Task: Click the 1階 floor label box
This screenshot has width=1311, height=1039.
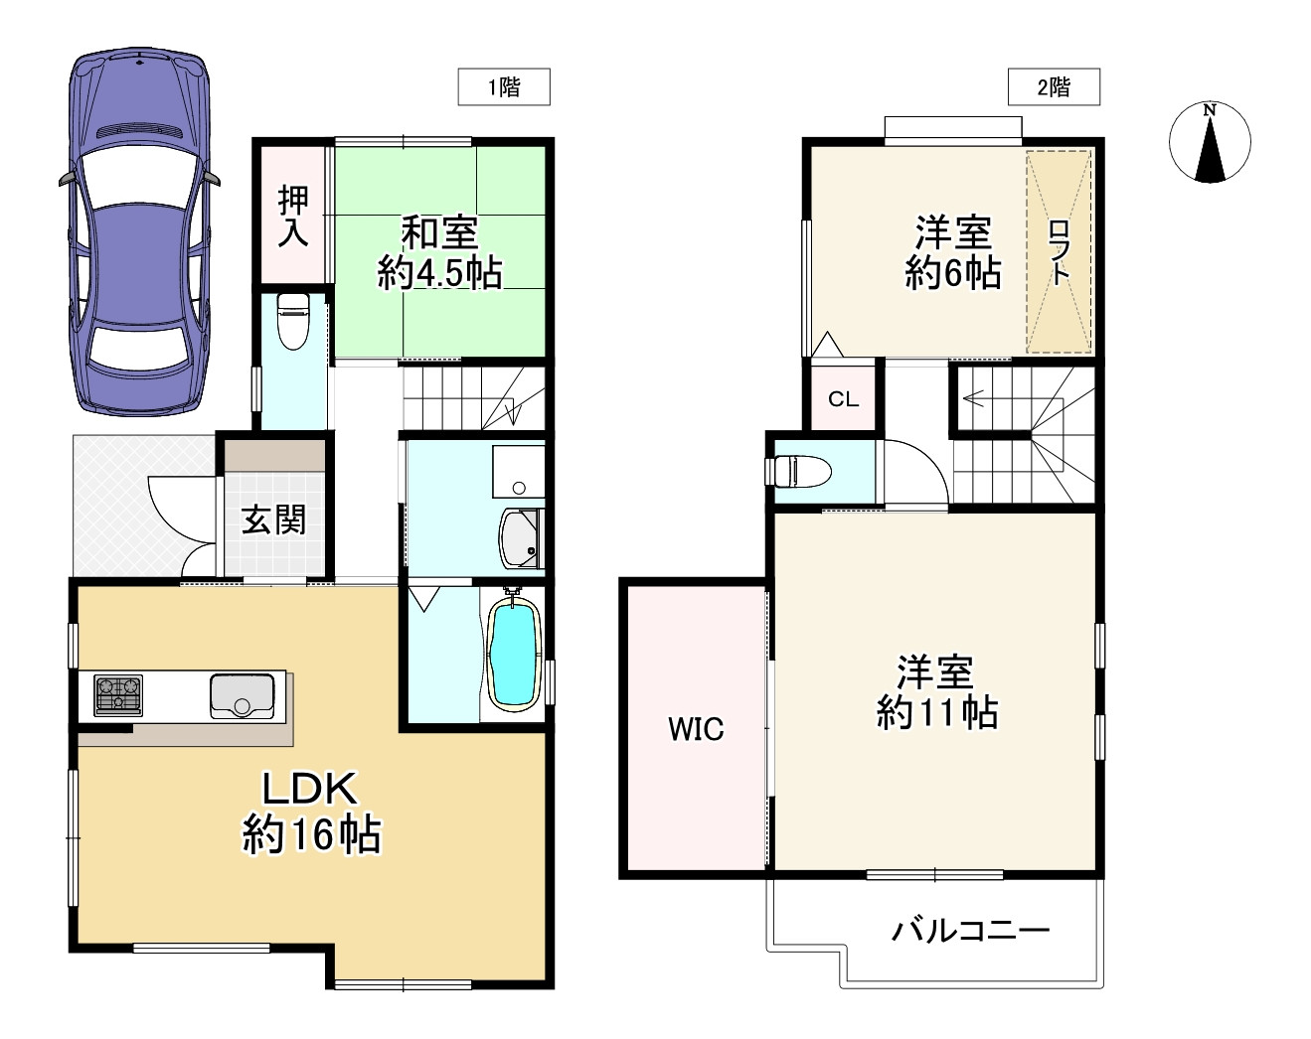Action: [503, 87]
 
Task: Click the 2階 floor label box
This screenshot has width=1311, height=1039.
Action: [1054, 87]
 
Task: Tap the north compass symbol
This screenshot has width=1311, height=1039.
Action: [1209, 143]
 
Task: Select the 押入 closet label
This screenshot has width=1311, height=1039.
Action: [293, 216]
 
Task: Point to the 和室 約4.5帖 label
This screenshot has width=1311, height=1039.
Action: [439, 252]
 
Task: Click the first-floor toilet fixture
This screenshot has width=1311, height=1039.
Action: [292, 321]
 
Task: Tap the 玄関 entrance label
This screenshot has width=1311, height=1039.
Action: [273, 519]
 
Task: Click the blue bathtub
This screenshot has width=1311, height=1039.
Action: [514, 656]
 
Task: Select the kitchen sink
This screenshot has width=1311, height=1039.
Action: [242, 694]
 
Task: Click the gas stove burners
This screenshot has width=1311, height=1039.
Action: [117, 694]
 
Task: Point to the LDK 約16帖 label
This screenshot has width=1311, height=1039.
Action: [311, 812]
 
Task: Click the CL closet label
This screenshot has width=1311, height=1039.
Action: [843, 399]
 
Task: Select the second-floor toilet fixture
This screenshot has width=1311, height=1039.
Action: [801, 471]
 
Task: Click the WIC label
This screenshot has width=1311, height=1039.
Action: [696, 729]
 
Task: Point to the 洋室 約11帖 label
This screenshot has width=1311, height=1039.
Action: [936, 692]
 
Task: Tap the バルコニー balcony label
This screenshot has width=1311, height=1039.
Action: [970, 931]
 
